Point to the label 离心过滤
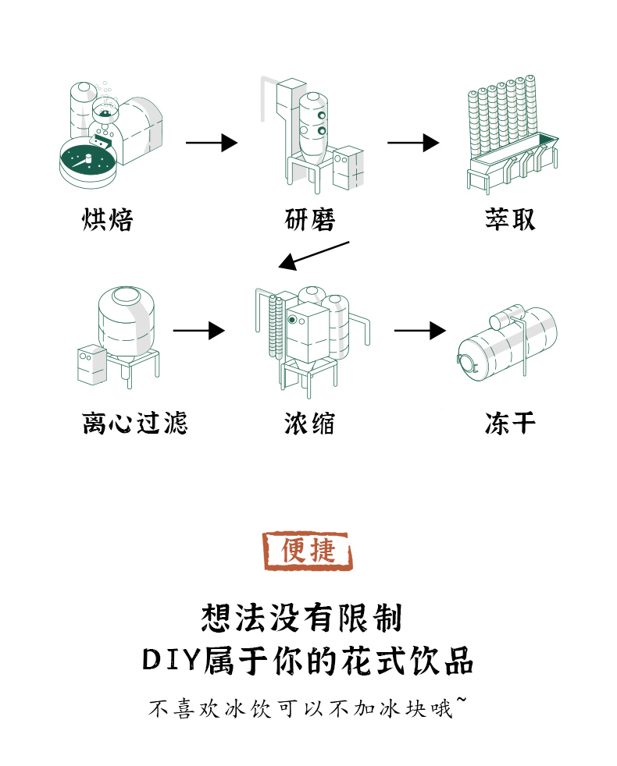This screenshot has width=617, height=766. tap(135, 424)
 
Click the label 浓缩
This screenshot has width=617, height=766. tap(310, 424)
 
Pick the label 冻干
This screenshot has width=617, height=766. tap(510, 424)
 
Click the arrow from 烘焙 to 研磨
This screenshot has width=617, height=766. tap(211, 143)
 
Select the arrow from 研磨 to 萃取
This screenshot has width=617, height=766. tap(413, 143)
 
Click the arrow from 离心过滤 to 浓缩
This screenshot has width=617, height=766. tap(198, 331)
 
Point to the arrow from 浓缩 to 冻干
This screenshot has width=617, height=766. tap(419, 331)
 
